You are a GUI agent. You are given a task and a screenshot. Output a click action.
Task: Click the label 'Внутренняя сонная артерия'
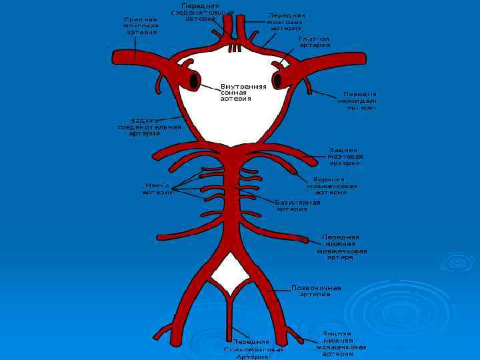click(x=243, y=93)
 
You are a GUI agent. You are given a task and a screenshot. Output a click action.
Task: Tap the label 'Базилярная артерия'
click(x=297, y=205)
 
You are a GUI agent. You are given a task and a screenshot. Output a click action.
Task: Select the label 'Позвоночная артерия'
click(x=316, y=291)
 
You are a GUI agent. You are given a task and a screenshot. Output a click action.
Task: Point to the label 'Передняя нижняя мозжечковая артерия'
click(x=341, y=247)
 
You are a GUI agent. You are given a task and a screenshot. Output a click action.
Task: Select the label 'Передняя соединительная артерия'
click(x=202, y=12)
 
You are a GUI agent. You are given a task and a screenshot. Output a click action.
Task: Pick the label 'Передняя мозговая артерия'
click(x=286, y=22)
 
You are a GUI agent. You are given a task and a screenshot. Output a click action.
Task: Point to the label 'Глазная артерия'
click(x=314, y=41)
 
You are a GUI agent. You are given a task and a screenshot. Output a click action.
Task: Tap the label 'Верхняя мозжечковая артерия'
click(x=331, y=186)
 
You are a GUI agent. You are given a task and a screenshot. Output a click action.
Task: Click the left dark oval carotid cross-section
click(x=195, y=81)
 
